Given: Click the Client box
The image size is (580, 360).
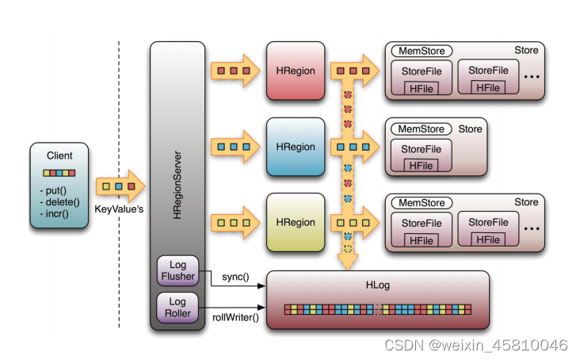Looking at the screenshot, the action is (59, 186).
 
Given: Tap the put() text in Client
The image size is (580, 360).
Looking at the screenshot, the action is (53, 190).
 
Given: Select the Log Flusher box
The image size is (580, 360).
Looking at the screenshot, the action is (178, 270).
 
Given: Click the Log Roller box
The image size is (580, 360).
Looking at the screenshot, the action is (178, 308).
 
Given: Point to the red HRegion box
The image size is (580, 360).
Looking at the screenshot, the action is (296, 71).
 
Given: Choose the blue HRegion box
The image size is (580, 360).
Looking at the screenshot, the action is (296, 147).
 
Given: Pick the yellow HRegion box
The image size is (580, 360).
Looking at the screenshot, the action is (296, 222).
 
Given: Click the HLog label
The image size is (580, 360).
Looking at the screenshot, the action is (378, 285).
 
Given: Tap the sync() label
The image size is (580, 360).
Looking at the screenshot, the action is (235, 277).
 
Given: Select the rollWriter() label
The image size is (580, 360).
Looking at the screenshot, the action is (235, 317).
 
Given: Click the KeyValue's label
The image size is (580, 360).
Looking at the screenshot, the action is (119, 209).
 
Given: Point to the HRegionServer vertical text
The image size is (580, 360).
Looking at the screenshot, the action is (177, 185).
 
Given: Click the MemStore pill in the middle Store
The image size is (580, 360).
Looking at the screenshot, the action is (422, 128).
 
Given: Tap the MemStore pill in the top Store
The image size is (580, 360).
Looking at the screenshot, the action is (422, 51).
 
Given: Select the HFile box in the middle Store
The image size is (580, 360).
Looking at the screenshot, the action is (421, 166).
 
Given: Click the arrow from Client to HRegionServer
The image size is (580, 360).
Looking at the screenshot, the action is (120, 186).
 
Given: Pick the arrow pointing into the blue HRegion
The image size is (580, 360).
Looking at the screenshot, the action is (235, 147).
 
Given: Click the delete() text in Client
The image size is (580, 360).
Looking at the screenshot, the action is (60, 202).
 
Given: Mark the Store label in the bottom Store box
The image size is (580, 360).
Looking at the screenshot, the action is (526, 202).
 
